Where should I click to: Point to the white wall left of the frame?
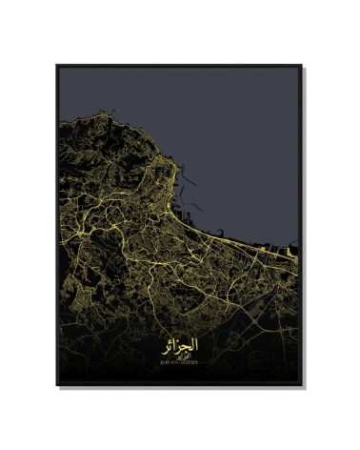point(29,225)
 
